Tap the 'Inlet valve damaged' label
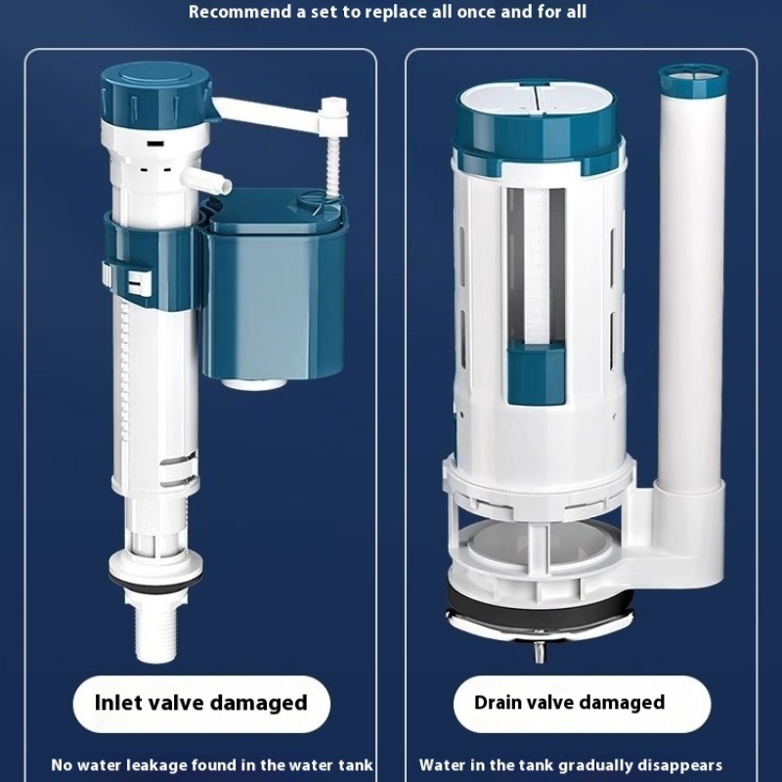(200, 702)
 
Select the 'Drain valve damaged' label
(569, 702)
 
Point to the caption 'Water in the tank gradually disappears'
(571, 764)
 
